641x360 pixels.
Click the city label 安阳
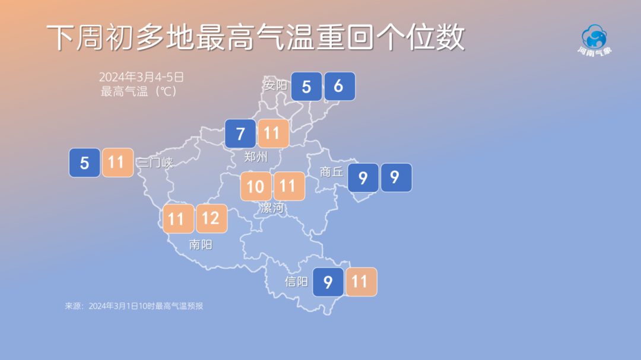275,85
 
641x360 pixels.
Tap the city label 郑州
256,158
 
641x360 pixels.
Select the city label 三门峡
155,163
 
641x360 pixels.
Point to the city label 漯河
272,208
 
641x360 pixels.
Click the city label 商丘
332,172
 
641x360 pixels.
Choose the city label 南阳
201,244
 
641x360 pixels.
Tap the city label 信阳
297,282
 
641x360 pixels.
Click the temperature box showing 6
339,87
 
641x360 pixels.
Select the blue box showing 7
240,134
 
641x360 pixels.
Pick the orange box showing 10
256,187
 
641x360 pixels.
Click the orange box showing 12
211,219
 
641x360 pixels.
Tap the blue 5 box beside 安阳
306,87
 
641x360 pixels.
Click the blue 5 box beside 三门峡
84,163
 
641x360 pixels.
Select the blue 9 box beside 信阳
328,282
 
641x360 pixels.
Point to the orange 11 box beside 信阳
361,282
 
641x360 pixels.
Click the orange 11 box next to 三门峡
117,163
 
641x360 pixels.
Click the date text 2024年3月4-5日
142,77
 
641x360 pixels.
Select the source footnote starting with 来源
134,306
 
